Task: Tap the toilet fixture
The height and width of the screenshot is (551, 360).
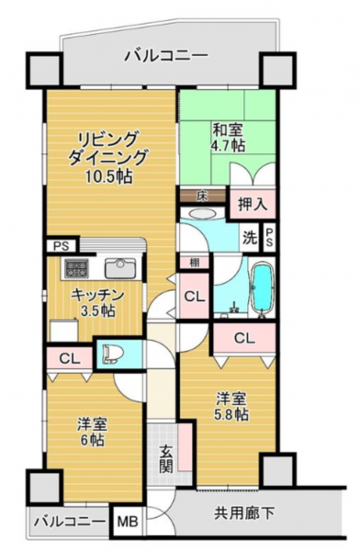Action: [x=111, y=354]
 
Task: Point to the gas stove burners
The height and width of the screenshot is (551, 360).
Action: [x=76, y=268]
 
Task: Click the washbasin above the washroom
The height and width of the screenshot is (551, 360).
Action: [x=202, y=214]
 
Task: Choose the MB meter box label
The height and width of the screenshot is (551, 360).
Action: [x=128, y=522]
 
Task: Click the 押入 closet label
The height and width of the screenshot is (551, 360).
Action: [x=252, y=205]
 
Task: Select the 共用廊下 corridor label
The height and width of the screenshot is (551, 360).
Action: [x=244, y=513]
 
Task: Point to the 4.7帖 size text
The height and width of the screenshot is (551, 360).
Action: [x=229, y=145]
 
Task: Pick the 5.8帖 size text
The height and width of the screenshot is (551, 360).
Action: [x=231, y=415]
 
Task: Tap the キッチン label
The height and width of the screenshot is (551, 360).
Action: [x=97, y=295]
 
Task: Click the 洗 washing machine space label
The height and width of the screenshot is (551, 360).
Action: [x=250, y=239]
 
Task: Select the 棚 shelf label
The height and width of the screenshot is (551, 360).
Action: [x=194, y=263]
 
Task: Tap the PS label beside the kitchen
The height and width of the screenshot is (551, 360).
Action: [x=62, y=246]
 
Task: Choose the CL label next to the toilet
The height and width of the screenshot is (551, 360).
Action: [x=69, y=359]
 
